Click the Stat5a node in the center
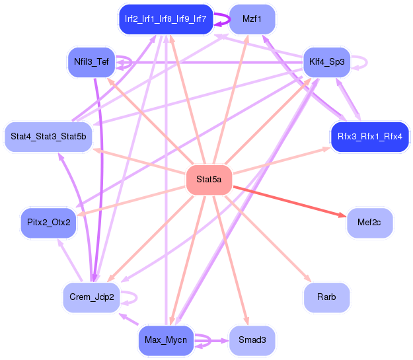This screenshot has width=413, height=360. pyautogui.click(x=209, y=180)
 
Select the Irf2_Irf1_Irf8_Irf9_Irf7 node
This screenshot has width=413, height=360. pyautogui.click(x=166, y=19)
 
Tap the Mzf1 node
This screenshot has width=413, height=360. pyautogui.click(x=252, y=19)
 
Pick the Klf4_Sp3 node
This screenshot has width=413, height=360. pyautogui.click(x=326, y=62)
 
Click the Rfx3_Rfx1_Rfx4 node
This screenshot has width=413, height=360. pyautogui.click(x=369, y=137)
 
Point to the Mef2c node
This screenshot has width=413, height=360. pyautogui.click(x=369, y=223)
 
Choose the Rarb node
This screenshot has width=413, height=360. pyautogui.click(x=326, y=297)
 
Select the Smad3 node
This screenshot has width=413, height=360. pyautogui.click(x=252, y=340)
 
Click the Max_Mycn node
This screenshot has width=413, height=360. pyautogui.click(x=166, y=340)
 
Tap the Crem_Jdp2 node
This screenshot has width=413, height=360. pyautogui.click(x=91, y=297)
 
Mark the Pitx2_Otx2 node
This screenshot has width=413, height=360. pyautogui.click(x=48, y=223)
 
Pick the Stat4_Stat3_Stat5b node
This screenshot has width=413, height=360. pyautogui.click(x=48, y=137)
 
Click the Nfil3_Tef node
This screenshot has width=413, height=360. pyautogui.click(x=91, y=62)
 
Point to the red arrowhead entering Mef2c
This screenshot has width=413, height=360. pyautogui.click(x=342, y=215)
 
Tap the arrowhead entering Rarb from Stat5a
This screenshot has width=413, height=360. pyautogui.click(x=308, y=278)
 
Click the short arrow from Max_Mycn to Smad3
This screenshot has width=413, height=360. pyautogui.click(x=211, y=341)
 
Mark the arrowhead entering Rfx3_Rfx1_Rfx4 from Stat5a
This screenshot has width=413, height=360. pyautogui.click(x=326, y=149)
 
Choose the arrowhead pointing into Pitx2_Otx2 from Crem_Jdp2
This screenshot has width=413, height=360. pyautogui.click(x=60, y=243)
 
